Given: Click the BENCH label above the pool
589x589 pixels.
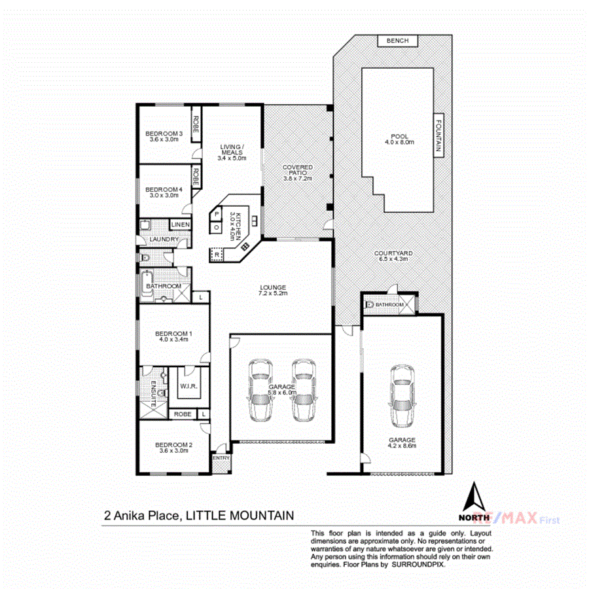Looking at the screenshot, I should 398,41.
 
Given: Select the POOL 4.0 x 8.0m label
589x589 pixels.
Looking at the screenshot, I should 399,139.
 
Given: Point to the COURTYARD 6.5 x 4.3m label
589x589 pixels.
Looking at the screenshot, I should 391,256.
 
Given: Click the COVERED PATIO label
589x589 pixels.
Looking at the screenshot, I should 298,173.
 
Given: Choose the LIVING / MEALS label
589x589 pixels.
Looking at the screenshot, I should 232,152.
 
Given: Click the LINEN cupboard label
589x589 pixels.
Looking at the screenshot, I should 180,225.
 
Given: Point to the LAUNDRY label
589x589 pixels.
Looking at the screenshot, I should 163,240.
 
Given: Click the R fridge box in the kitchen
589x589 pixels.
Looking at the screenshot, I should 217,254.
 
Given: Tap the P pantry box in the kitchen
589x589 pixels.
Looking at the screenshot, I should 216,214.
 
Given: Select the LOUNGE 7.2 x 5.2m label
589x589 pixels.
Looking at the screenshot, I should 273,291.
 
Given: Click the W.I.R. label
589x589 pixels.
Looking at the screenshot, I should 188,387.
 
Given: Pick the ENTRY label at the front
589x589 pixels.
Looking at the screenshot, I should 221,458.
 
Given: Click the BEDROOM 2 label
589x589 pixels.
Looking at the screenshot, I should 173,448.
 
